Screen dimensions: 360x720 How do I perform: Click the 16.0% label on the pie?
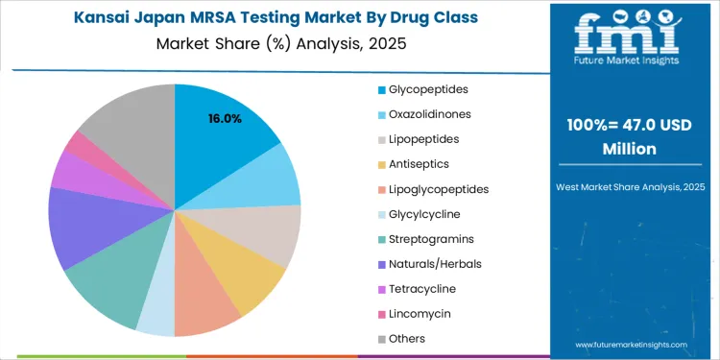point(225,119)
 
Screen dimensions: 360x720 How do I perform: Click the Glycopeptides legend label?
point(429,89)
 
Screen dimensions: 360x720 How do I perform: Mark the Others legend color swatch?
point(382,339)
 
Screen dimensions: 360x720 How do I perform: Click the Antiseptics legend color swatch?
point(382,164)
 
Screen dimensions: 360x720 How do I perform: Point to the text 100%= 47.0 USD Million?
point(630,138)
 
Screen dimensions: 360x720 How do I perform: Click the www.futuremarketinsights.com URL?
point(631,344)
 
